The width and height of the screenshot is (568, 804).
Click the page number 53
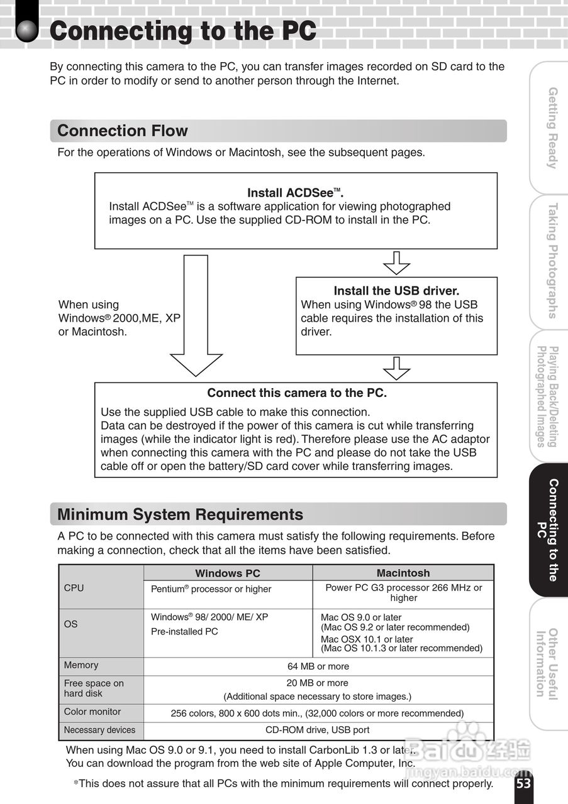[x=523, y=784]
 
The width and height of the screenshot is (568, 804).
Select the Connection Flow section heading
[x=123, y=131]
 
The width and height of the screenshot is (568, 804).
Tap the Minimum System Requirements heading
[x=181, y=514]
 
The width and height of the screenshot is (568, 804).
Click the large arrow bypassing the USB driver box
[x=196, y=314]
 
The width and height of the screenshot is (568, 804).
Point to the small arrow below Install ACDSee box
[x=396, y=263]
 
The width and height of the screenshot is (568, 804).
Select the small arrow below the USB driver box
[x=396, y=368]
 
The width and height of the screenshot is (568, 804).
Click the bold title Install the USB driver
[x=396, y=291]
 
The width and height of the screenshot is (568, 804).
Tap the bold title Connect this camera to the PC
[x=297, y=393]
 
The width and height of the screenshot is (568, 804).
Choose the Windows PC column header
[x=228, y=573]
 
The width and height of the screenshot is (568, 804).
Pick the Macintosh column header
[x=403, y=573]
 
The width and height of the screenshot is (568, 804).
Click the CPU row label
[x=74, y=588]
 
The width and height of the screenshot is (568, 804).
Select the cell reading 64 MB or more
[x=318, y=666]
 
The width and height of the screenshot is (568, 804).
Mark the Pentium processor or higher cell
[x=211, y=589]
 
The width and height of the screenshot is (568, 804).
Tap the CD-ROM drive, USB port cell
[x=318, y=730]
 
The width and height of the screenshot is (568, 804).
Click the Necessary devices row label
[x=99, y=730]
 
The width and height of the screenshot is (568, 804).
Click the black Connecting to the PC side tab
[x=547, y=530]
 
